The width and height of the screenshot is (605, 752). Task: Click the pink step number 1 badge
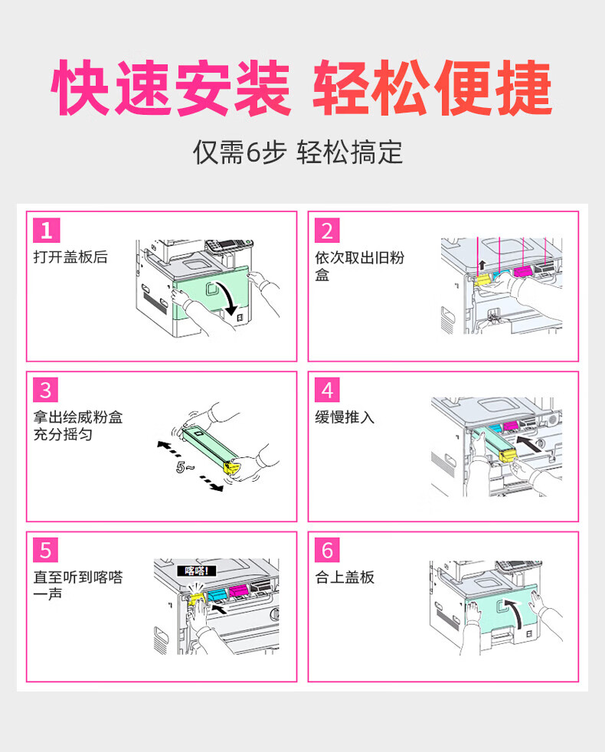pyautogui.click(x=47, y=231)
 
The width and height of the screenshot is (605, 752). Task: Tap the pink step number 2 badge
pyautogui.click(x=327, y=231)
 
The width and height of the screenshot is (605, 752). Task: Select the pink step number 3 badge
pyautogui.click(x=46, y=390)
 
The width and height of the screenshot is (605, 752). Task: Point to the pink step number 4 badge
pyautogui.click(x=327, y=390)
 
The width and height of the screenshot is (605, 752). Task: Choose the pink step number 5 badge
pyautogui.click(x=46, y=550)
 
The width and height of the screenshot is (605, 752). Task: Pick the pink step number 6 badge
pyautogui.click(x=327, y=550)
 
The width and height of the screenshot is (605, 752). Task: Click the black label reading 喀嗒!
pyautogui.click(x=197, y=571)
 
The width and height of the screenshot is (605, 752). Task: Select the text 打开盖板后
pyautogui.click(x=70, y=257)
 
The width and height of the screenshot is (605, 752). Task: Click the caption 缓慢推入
pyautogui.click(x=345, y=417)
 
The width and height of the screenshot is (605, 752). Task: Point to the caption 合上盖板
pyautogui.click(x=345, y=577)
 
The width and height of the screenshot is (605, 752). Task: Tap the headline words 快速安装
pyautogui.click(x=172, y=88)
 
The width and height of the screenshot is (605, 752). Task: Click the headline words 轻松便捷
pyautogui.click(x=432, y=88)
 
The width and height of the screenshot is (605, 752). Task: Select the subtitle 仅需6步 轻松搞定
pyautogui.click(x=297, y=152)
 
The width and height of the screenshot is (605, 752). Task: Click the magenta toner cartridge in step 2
pyautogui.click(x=522, y=271)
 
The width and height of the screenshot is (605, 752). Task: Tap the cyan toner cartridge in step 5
pyautogui.click(x=217, y=595)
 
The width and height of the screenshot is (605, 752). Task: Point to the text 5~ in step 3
pyautogui.click(x=185, y=466)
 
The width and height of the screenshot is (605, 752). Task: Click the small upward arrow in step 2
pyautogui.click(x=482, y=265)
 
